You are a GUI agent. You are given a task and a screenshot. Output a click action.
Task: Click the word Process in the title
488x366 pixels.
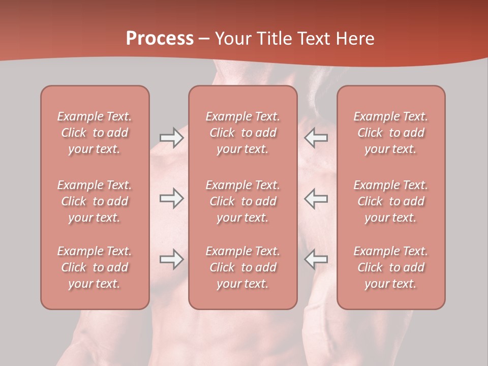point(160,39)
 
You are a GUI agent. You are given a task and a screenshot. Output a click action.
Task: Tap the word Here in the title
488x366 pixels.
point(355,39)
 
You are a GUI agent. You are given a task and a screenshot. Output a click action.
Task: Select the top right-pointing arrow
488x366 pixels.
point(171,138)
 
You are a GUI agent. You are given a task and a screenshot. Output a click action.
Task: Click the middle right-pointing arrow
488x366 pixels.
point(171,198)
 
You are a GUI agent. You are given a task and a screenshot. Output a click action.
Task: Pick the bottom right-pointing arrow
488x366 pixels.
point(171,259)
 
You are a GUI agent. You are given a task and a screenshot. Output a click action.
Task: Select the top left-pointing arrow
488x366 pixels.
point(316,138)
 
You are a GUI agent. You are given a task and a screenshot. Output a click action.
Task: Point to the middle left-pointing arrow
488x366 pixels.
point(316,198)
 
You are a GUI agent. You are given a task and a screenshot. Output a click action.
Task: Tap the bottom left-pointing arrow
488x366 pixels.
point(316,259)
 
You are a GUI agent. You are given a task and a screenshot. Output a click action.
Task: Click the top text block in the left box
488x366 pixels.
point(95,133)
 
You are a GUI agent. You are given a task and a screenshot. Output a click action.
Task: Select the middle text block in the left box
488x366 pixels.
point(95,201)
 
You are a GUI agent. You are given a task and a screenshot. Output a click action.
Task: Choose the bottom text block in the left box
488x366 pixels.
point(95,267)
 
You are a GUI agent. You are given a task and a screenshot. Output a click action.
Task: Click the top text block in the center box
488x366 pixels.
point(242,133)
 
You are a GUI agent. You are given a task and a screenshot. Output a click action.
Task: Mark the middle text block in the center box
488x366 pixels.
point(242,201)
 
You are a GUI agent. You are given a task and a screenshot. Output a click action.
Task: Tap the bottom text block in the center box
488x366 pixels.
point(242,267)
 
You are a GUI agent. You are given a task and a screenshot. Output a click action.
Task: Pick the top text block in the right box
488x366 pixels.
point(390,133)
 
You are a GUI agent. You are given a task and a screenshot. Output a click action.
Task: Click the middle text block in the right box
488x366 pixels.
point(390,201)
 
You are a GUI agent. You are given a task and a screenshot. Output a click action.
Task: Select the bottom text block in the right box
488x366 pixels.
point(390,267)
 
